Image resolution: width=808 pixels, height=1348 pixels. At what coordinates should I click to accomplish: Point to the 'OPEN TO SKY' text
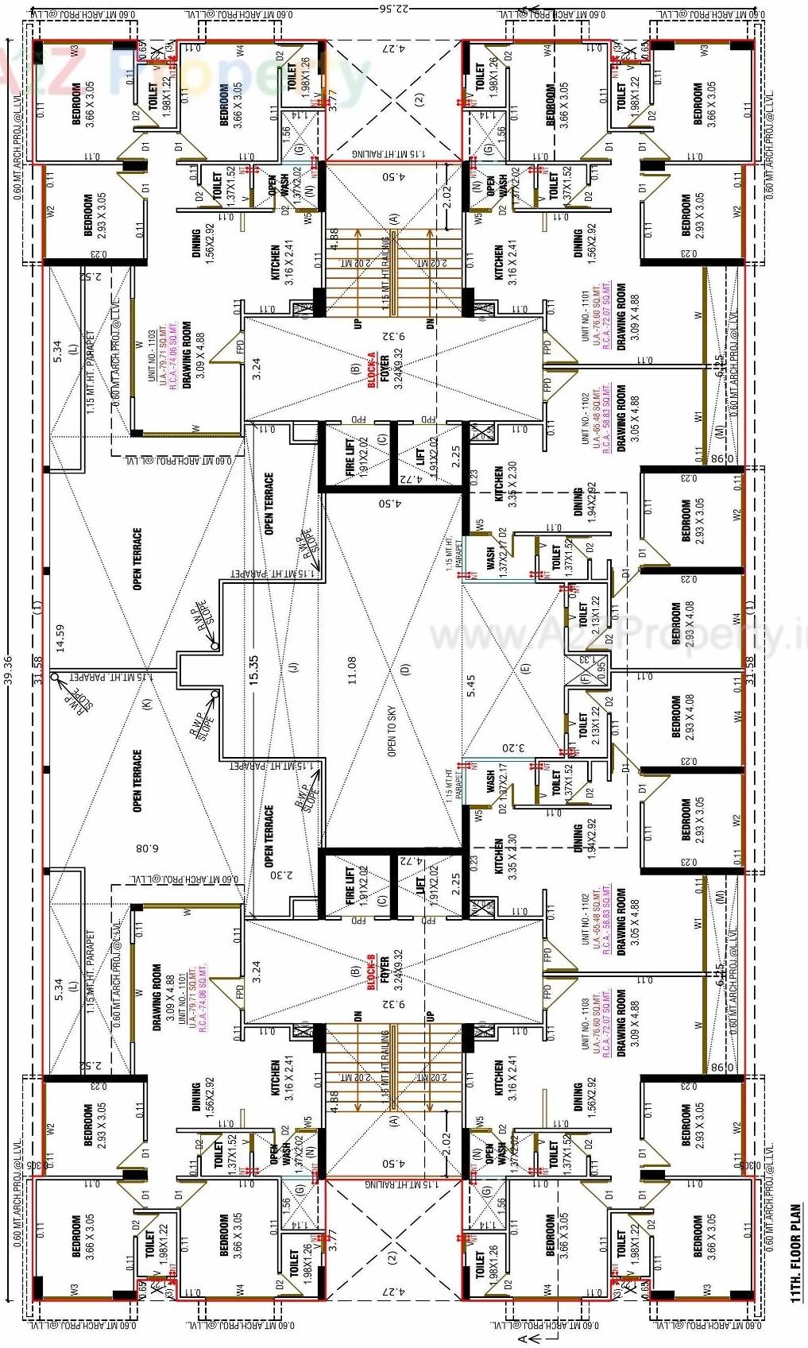click(x=392, y=732)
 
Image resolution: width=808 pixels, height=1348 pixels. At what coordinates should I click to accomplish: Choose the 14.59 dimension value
click(x=60, y=638)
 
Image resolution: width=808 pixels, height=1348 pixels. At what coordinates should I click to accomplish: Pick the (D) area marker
click(x=404, y=670)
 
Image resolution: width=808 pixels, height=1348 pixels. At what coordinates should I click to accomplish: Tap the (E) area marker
click(x=524, y=669)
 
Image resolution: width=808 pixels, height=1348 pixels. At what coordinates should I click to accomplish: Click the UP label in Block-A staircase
click(x=358, y=323)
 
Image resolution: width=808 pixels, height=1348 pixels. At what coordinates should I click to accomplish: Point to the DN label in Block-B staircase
click(x=358, y=1017)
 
